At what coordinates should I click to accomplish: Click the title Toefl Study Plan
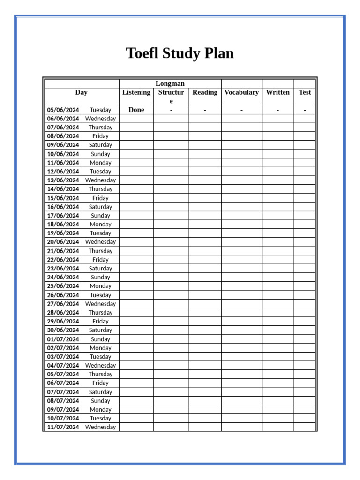coord(180,53)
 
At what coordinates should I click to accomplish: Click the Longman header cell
coord(170,83)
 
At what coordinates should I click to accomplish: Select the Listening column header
coord(136,92)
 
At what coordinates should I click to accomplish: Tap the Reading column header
coord(205,92)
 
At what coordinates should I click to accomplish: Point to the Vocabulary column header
coord(241,92)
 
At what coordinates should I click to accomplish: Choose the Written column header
coord(277,92)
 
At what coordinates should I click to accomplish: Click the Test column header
coord(305,92)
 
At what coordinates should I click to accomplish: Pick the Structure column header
coord(171,96)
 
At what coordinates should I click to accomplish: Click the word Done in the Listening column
coord(136,110)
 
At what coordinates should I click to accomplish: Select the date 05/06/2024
coord(63,110)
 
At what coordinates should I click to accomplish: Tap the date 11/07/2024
coord(63,427)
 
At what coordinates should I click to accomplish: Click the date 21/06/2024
coord(63,251)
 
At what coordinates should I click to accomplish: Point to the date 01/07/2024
coord(63,339)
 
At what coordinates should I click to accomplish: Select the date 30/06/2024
coord(63,330)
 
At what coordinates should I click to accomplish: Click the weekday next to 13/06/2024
coord(100,180)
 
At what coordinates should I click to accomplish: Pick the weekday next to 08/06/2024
coord(100,136)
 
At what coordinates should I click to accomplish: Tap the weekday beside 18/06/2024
coord(100,224)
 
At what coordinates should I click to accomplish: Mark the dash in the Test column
coord(305,110)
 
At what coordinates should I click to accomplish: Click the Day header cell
coord(82,92)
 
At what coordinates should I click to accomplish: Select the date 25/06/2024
coord(63,286)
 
